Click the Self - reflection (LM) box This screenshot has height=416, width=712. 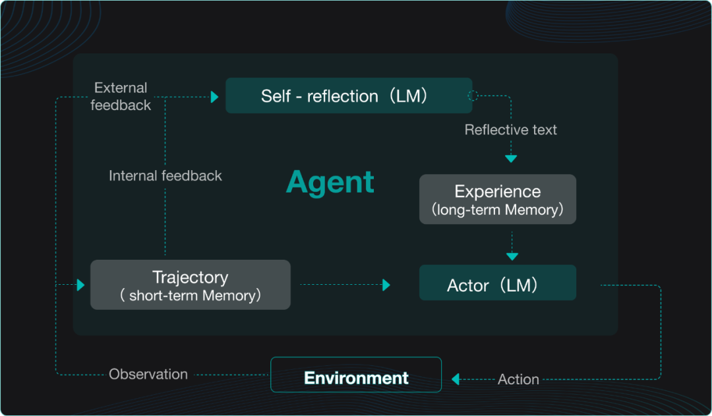coord(349,96)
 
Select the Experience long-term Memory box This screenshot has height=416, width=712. coord(497,199)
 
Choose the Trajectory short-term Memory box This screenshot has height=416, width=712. coord(190,285)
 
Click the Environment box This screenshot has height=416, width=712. coord(356,377)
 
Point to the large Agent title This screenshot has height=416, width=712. coord(330,182)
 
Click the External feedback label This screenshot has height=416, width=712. coord(121,96)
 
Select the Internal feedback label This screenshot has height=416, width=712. coord(165,175)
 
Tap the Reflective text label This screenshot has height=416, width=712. coord(510,130)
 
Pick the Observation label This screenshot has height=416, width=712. coord(148,374)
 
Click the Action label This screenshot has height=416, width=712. coord(518,379)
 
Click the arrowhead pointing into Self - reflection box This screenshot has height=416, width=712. coord(214,97)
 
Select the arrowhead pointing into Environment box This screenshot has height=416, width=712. coord(455,379)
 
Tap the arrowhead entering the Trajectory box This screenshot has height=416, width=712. coord(80,285)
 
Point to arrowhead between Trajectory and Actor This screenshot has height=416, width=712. coord(386,285)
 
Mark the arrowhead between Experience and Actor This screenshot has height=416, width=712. coord(512,256)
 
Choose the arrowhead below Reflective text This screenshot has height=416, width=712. coord(511,159)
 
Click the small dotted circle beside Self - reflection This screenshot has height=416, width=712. coord(473,96)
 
